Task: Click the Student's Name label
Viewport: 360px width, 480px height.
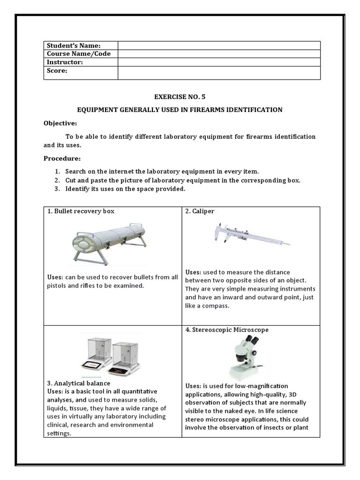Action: click(x=74, y=45)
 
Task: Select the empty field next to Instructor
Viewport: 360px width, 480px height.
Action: click(x=219, y=62)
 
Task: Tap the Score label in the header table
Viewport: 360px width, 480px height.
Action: click(x=57, y=71)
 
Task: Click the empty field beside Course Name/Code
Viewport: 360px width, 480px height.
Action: click(x=219, y=54)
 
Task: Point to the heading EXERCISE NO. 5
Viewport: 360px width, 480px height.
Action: click(x=180, y=97)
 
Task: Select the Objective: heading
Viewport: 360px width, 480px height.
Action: click(x=60, y=123)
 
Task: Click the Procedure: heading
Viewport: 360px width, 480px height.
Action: click(x=62, y=158)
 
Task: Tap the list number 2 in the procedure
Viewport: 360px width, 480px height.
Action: click(x=57, y=180)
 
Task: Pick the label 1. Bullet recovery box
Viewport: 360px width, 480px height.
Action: click(x=81, y=211)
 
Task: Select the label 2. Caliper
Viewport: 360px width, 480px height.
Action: click(x=200, y=211)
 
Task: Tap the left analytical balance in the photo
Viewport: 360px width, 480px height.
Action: click(x=97, y=354)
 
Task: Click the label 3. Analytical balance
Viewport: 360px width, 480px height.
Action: click(x=79, y=383)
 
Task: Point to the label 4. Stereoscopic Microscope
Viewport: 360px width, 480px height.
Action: click(x=227, y=330)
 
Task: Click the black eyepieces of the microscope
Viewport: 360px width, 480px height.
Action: click(x=252, y=339)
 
